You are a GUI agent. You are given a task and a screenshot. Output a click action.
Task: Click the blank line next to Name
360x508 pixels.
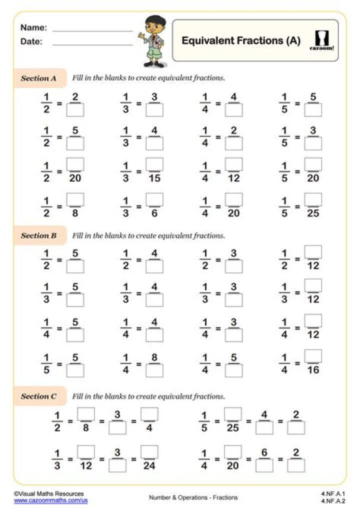(x=92, y=31)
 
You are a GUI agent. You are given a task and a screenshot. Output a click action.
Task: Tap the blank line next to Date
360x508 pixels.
(x=92, y=45)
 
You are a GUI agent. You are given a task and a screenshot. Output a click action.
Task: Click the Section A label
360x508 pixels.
(x=38, y=78)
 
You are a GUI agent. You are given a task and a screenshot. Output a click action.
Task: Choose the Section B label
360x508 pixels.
(x=38, y=235)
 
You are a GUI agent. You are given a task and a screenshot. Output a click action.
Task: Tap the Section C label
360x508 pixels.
(x=38, y=396)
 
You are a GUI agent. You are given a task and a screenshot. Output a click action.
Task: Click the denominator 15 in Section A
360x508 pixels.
(x=154, y=178)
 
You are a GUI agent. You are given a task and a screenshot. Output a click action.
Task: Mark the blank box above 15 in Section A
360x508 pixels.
(x=154, y=164)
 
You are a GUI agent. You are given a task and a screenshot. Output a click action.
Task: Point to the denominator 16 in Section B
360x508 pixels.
(x=313, y=370)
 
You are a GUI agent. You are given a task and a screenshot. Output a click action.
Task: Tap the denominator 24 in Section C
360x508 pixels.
(x=149, y=466)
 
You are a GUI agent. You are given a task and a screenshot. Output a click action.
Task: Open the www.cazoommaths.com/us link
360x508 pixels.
(x=51, y=500)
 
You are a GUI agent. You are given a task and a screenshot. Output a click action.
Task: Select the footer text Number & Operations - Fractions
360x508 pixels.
(x=193, y=497)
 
